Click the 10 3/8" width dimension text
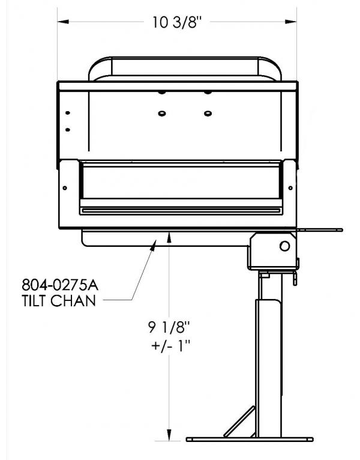click(177, 22)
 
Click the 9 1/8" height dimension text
click(169, 327)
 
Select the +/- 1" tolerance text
click(171, 346)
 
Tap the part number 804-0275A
click(60, 285)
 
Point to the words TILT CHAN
click(59, 301)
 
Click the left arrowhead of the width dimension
click(63, 22)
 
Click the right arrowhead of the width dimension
click(291, 22)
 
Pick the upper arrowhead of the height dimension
click(169, 237)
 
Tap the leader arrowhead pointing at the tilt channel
click(154, 245)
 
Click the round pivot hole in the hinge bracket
click(284, 246)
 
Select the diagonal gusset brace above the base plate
click(239, 421)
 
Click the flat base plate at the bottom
click(250, 440)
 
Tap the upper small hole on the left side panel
click(68, 113)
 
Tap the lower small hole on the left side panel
click(68, 130)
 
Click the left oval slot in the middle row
click(162, 113)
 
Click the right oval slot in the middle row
click(208, 113)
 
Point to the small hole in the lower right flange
click(290, 188)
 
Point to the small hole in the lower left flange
click(65, 188)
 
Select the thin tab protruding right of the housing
click(320, 230)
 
